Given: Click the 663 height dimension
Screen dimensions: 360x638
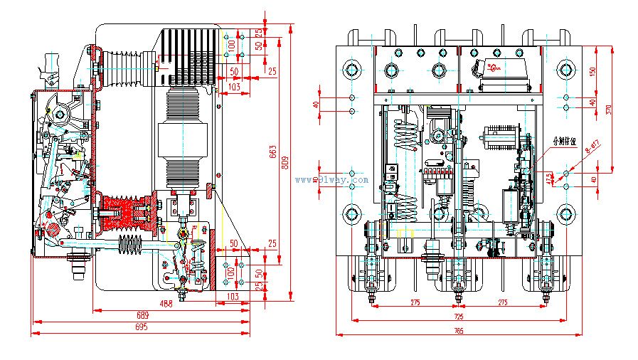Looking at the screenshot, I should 272,150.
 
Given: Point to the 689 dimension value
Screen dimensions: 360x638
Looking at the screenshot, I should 143,314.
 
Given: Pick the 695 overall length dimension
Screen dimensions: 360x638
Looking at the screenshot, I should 140,327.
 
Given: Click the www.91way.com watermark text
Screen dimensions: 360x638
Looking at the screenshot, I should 331,180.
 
